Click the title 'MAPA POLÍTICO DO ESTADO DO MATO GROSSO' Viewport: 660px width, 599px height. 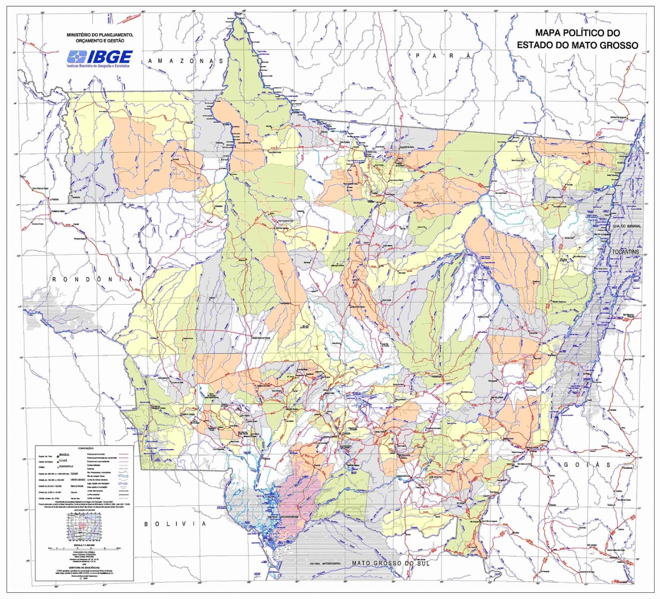tap(577, 39)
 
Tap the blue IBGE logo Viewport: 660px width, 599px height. tap(100, 58)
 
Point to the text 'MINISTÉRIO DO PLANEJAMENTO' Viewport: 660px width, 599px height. tap(100, 35)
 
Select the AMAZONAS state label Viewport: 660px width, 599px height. tap(185, 61)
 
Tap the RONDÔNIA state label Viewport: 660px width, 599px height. tap(92, 279)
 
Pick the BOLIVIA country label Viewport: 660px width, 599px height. tap(175, 524)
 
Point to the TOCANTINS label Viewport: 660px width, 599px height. tap(625, 252)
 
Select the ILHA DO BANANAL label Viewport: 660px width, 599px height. tap(625, 226)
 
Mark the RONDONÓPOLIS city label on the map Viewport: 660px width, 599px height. tap(403, 476)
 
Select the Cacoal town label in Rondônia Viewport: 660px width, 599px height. tap(76, 224)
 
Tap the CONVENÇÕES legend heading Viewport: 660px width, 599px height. tap(86, 448)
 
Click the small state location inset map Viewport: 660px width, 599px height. tap(84, 527)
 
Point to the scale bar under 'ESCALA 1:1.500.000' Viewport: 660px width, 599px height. tap(84, 548)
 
